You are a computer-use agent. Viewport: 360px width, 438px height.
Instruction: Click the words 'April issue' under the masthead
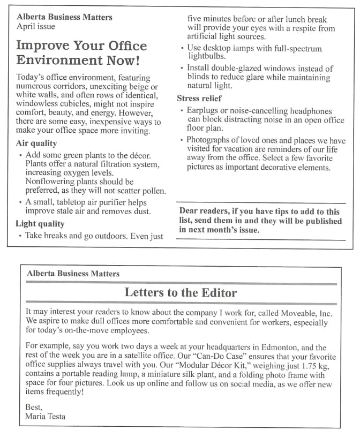coord(36,26)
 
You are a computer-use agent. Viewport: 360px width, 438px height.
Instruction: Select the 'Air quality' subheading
coord(36,144)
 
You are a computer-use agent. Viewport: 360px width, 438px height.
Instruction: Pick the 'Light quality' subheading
coord(40,224)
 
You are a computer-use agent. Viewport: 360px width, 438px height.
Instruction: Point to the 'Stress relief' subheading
coord(199,99)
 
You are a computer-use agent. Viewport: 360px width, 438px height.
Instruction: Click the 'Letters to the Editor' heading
coord(180,292)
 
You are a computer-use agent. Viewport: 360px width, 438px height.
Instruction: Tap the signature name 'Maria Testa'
coord(45,416)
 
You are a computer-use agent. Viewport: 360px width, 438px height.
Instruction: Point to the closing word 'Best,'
coord(34,407)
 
